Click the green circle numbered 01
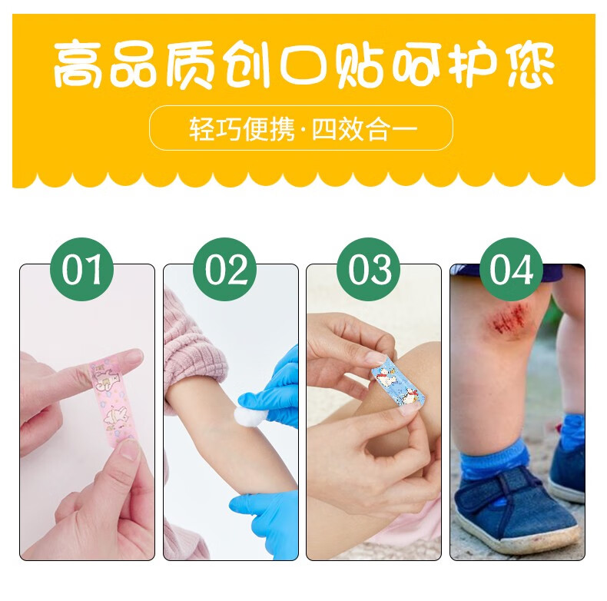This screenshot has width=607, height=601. pos(82,270)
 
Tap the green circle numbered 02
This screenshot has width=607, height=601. pos(225,270)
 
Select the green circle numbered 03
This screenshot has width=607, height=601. pos(369,270)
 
